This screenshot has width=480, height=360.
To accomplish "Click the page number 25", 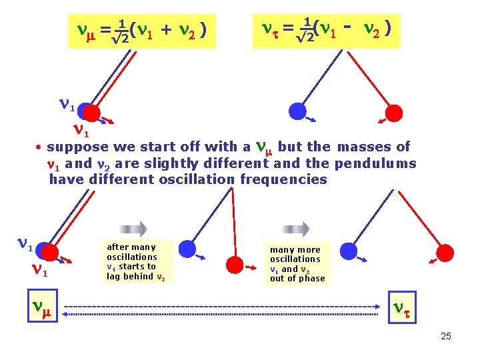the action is pos(446,336).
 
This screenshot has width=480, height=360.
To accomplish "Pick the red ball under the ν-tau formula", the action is pos(395,113).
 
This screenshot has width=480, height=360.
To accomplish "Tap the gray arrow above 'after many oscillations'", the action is pos(133,229).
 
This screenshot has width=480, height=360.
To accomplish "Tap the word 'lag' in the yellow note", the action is pos(113,276).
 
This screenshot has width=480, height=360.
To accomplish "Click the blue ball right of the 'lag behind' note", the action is pos(188,249).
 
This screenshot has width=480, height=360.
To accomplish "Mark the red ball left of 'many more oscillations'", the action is pos(234,265).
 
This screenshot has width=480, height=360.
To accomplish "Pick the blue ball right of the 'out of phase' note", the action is pos(348,251).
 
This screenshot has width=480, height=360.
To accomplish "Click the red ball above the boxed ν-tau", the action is pos(444,253).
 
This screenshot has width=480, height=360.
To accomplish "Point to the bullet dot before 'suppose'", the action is pos(40,147).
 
